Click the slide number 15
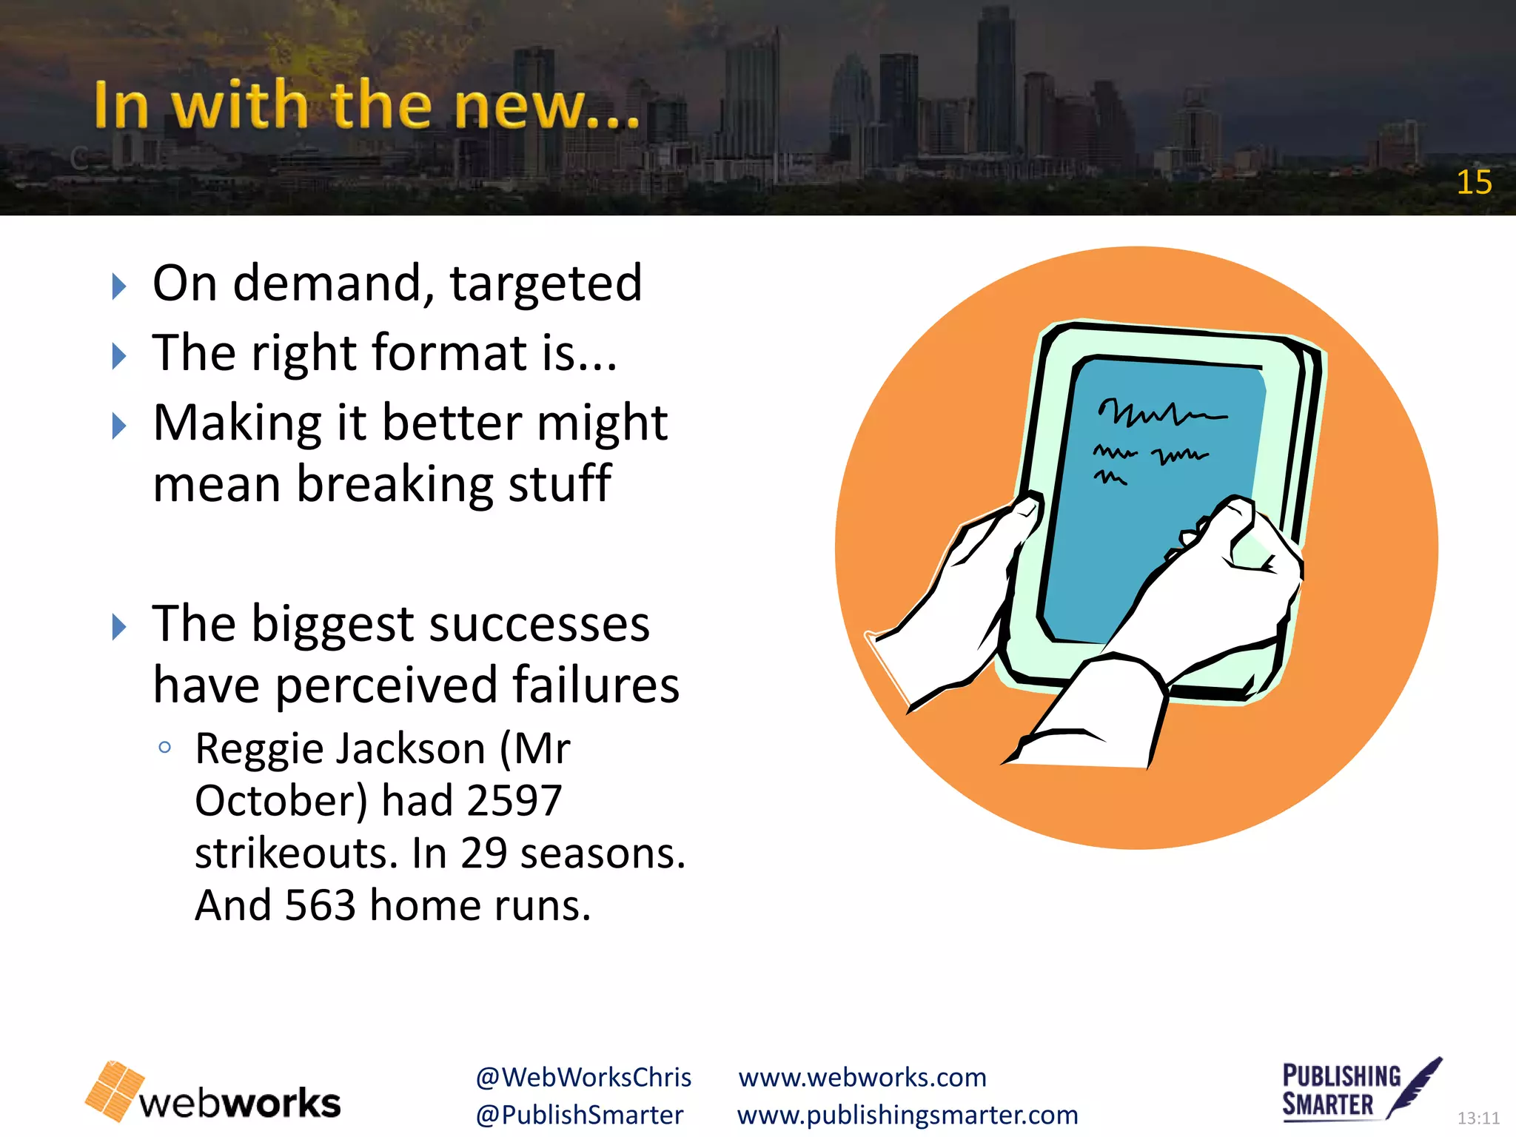[x=1474, y=182]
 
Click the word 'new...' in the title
[x=546, y=106]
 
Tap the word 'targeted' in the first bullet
[x=546, y=284]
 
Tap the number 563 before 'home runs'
[x=320, y=905]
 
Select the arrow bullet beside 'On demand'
[x=118, y=286]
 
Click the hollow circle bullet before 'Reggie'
[x=165, y=748]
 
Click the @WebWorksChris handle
[x=583, y=1077]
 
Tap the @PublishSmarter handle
[x=580, y=1115]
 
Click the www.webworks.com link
[x=862, y=1077]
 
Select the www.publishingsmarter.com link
[x=908, y=1115]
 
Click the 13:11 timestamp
[x=1478, y=1118]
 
